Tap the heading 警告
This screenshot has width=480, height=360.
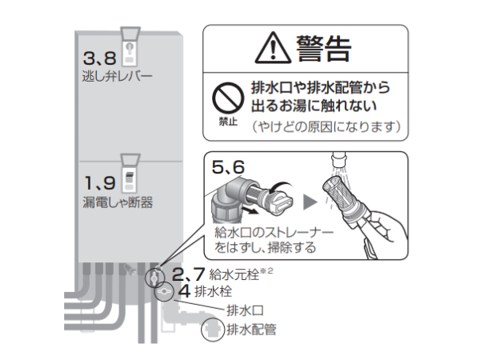click(x=323, y=48)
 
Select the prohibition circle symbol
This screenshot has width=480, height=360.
click(x=228, y=98)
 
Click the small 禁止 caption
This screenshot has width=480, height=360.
click(x=228, y=122)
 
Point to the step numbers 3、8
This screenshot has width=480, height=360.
click(x=100, y=58)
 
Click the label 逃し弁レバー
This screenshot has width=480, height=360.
click(x=118, y=76)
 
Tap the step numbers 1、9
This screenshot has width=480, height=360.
click(x=100, y=183)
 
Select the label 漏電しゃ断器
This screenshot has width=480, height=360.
click(x=118, y=202)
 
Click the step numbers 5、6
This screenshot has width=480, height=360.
click(x=228, y=167)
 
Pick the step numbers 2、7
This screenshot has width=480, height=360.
click(x=188, y=274)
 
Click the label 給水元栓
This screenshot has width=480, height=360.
click(x=234, y=274)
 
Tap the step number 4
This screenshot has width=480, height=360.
click(x=184, y=291)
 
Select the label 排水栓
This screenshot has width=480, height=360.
click(x=214, y=291)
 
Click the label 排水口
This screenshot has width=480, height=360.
click(x=246, y=310)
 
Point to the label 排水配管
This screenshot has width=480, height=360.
click(x=252, y=330)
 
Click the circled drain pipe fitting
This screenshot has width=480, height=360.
click(x=213, y=330)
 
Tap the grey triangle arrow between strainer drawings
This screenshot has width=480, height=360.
click(x=310, y=202)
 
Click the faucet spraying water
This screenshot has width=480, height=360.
click(x=338, y=160)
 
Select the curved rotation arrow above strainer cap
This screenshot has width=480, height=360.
click(x=281, y=186)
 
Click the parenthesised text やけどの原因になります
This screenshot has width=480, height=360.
click(x=326, y=126)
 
